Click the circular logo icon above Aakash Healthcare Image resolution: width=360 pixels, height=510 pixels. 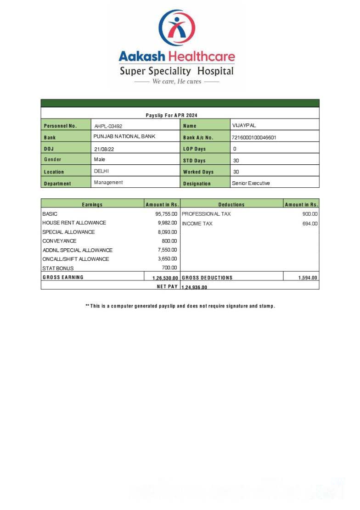(x=177, y=28)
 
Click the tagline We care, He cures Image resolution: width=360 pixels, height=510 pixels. (x=177, y=82)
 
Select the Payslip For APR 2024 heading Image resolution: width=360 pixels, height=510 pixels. (x=171, y=115)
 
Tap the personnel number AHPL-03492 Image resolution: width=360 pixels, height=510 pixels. (x=108, y=126)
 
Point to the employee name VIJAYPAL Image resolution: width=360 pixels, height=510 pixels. (x=244, y=125)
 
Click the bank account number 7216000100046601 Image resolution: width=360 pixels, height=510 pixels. (x=254, y=137)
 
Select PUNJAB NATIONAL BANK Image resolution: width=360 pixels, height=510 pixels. (x=124, y=136)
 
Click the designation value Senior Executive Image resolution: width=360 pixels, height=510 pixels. (x=251, y=183)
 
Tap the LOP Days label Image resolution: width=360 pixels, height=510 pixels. (x=194, y=149)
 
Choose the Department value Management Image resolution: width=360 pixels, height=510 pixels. (x=108, y=182)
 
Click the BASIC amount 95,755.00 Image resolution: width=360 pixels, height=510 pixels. (x=166, y=214)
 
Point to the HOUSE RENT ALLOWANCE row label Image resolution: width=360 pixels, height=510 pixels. (x=74, y=223)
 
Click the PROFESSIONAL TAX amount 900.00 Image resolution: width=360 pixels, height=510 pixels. (x=310, y=214)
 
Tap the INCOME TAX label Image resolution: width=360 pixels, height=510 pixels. (x=197, y=224)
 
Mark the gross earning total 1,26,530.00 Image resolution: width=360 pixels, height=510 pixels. (x=165, y=278)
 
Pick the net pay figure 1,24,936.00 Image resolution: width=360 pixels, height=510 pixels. (x=194, y=287)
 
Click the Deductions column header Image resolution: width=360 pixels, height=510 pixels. (x=231, y=205)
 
